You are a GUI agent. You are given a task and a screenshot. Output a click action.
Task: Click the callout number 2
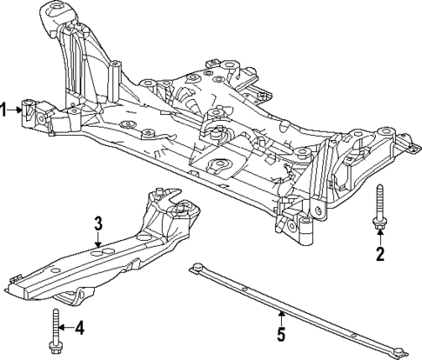pos(379,254)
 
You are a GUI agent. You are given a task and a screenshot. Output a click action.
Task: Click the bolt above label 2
pos(379,209)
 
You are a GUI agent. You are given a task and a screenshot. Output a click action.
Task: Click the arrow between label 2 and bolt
pos(379,240)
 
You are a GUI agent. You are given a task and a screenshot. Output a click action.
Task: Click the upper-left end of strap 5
pos(198,267)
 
